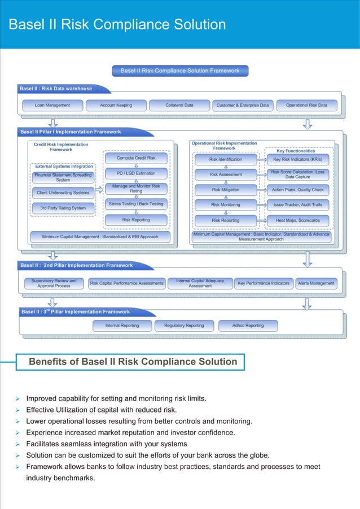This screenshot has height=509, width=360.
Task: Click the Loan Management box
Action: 52,105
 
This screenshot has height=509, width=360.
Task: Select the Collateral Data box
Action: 179,105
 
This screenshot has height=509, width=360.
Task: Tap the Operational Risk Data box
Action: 306,105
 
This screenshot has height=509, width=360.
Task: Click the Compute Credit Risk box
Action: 136,159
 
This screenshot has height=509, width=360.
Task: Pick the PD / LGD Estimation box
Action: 136,173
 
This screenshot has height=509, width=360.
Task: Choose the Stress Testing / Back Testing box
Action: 136,204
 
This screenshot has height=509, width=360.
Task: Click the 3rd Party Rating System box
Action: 63,208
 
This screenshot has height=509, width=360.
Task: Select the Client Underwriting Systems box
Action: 63,193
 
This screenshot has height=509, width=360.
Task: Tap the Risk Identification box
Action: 226,160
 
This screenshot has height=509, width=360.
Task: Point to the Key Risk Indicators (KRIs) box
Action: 297,160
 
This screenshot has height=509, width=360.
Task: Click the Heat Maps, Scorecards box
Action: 297,220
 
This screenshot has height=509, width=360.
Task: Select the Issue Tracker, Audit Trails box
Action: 297,205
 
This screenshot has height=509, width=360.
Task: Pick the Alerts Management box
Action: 317,283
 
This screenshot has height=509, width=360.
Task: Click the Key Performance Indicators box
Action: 264,283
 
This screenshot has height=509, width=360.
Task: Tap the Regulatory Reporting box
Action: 184,326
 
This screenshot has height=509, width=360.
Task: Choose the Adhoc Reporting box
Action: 248,326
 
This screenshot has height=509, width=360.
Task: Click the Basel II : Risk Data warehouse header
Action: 56,89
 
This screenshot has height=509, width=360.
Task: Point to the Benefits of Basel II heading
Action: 133,362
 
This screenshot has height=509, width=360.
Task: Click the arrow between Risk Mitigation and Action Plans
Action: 261,190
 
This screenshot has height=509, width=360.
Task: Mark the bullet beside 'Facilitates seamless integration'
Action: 18,444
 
